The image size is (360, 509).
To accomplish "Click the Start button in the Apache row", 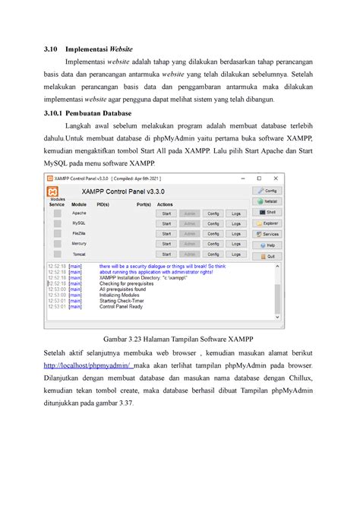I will click(x=167, y=213).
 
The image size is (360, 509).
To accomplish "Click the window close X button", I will click(x=279, y=177).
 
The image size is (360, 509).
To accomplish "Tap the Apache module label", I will click(x=79, y=213).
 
